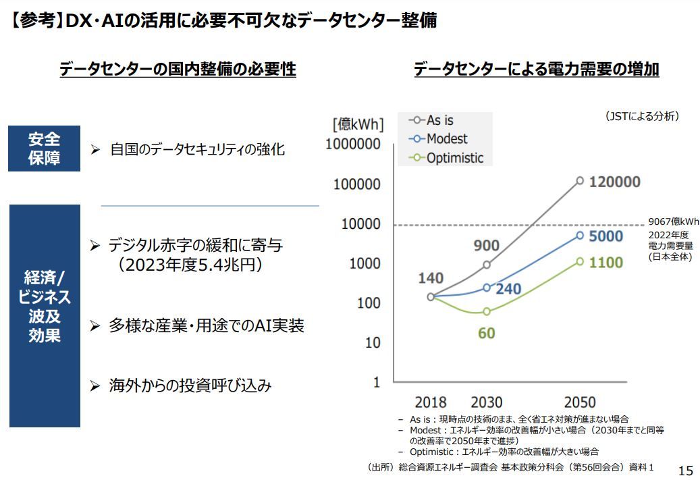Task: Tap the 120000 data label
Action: pos(614,182)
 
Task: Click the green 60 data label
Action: pos(486,333)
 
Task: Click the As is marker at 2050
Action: pos(580,180)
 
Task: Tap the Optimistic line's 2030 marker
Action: pos(487,312)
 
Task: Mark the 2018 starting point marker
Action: pos(431,296)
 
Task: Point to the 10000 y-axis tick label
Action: pos(361,224)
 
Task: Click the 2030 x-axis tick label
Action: pos(486,403)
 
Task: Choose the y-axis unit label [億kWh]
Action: pos(357,124)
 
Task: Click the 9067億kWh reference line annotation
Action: pos(673,221)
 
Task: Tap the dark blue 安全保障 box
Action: pos(45,149)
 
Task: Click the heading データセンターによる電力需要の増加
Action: pos(536,69)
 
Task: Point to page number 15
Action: pos(685,470)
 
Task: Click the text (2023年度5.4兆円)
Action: pos(192,265)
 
